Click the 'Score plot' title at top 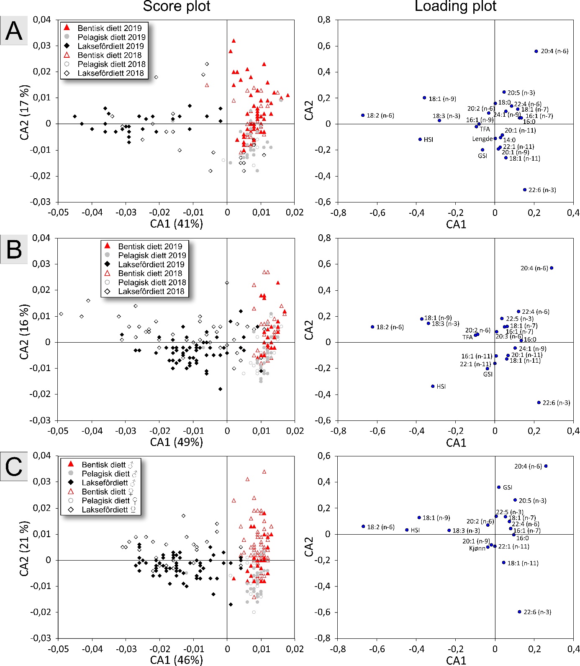point(177,6)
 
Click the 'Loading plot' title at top point(455,6)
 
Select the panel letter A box point(14,31)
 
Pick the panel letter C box point(14,467)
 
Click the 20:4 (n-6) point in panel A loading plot point(536,51)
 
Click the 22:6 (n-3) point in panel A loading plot point(524,190)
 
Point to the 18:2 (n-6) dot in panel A point(363,115)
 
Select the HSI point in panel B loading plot point(433,386)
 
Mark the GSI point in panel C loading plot point(499,487)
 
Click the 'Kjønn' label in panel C point(477,548)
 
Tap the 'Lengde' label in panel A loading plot point(482,139)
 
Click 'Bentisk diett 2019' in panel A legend point(110,28)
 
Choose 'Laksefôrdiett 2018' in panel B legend point(151,291)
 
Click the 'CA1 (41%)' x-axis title point(177,223)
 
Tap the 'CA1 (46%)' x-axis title point(177,660)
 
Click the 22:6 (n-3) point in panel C point(519,612)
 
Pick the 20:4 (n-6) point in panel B point(552,268)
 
